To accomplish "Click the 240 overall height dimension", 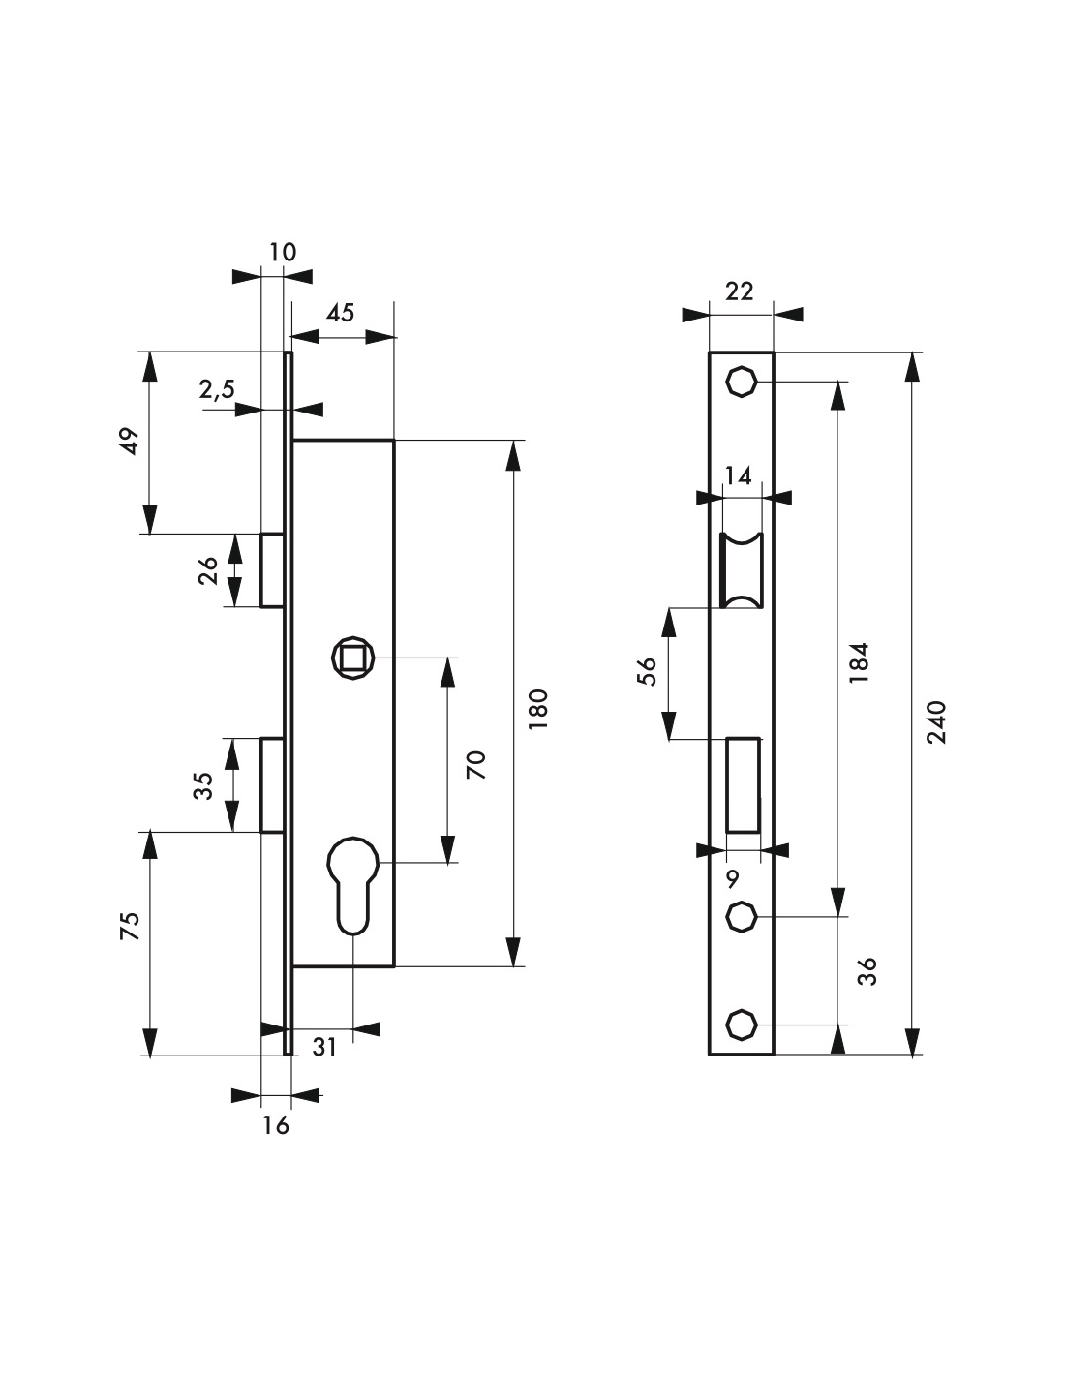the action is [x=936, y=721].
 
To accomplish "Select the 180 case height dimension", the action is [x=538, y=709].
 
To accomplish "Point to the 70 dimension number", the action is [x=475, y=765].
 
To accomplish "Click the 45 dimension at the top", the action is [x=340, y=313].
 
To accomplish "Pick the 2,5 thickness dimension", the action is [x=217, y=389].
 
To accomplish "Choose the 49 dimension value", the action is [x=129, y=441].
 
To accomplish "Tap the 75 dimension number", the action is [x=129, y=926].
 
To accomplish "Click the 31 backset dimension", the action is [x=324, y=1048].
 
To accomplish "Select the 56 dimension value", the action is [x=647, y=672].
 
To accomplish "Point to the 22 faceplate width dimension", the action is [x=740, y=291].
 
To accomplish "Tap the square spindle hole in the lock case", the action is [x=352, y=658].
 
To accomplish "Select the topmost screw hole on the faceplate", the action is [x=741, y=382].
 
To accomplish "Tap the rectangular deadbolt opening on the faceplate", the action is [x=743, y=785].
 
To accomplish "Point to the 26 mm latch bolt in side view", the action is [x=272, y=570].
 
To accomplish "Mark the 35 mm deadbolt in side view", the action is [x=272, y=785].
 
